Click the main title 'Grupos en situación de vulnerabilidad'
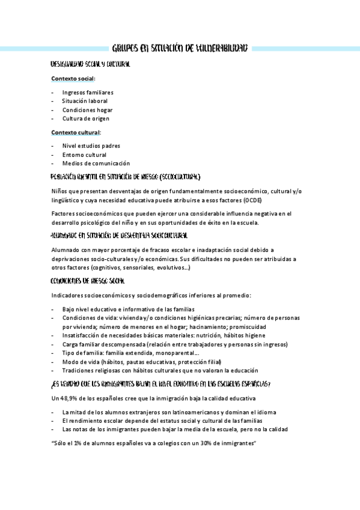pos(180,48)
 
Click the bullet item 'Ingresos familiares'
pos(88,93)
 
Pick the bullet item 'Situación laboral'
pos(85,101)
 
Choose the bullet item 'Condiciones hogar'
pos(87,110)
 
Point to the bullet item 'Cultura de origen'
pos(86,119)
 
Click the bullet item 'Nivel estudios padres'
pos(91,146)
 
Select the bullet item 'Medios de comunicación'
pos(96,163)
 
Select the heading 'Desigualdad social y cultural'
pos(90,63)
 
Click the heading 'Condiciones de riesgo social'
pos(88,281)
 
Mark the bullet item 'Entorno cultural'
pos(84,155)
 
